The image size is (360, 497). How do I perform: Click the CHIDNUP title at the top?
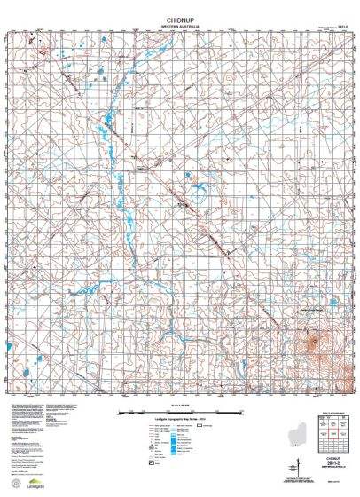[180, 17]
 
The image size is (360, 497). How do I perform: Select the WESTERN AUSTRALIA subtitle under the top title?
[180, 24]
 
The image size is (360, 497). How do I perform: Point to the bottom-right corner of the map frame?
[353, 397]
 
